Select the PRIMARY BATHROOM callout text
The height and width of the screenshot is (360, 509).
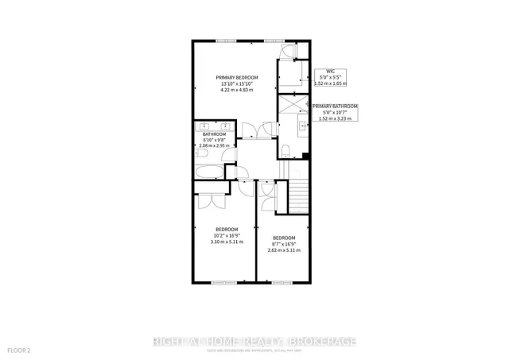[335, 106]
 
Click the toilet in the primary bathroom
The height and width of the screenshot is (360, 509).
[286, 152]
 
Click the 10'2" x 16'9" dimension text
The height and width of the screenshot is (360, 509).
[226, 235]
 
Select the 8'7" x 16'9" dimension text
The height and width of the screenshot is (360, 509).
[284, 244]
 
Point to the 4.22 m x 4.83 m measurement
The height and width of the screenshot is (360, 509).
[236, 90]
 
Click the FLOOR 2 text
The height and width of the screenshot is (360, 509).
[19, 350]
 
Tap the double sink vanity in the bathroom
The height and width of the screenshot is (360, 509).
[214, 126]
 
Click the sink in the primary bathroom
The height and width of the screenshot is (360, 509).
[301, 125]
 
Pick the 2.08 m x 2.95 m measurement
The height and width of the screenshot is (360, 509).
[214, 146]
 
